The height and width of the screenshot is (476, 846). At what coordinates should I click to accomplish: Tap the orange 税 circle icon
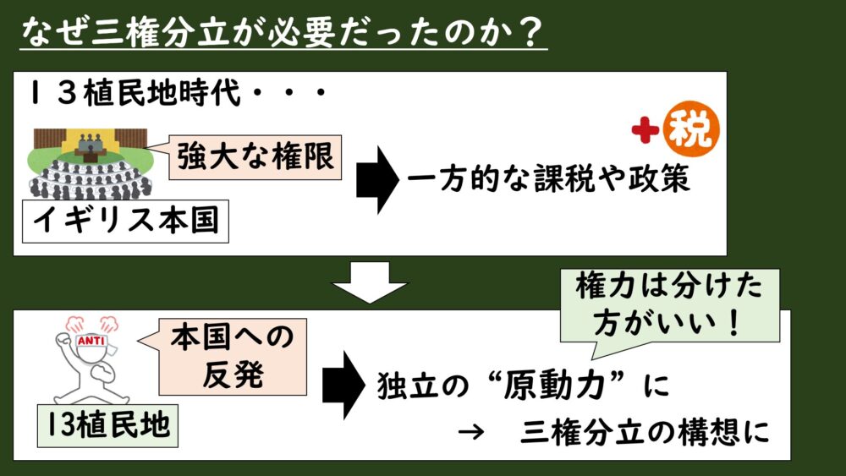[691, 132]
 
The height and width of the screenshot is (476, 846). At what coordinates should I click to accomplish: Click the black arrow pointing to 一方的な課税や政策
[377, 180]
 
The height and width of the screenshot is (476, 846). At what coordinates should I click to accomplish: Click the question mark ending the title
[530, 33]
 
